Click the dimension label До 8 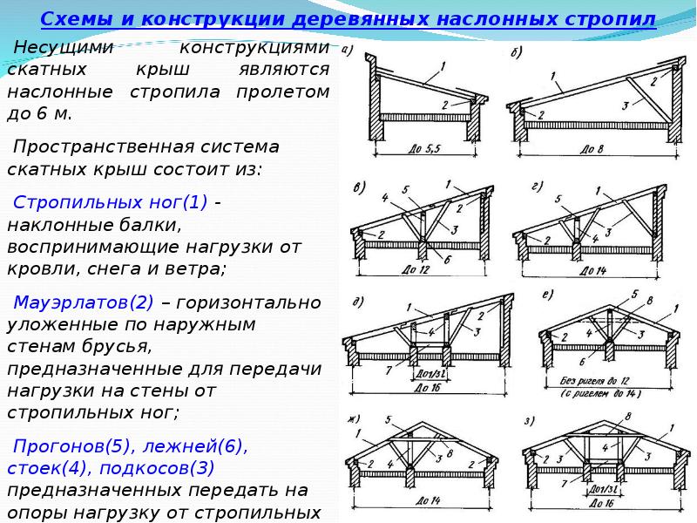tap(592, 150)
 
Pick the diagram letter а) tap(348, 50)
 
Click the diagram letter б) tap(516, 53)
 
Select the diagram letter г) tap(534, 186)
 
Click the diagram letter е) tap(549, 295)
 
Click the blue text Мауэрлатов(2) tap(84, 303)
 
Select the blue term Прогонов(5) tap(69, 446)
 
